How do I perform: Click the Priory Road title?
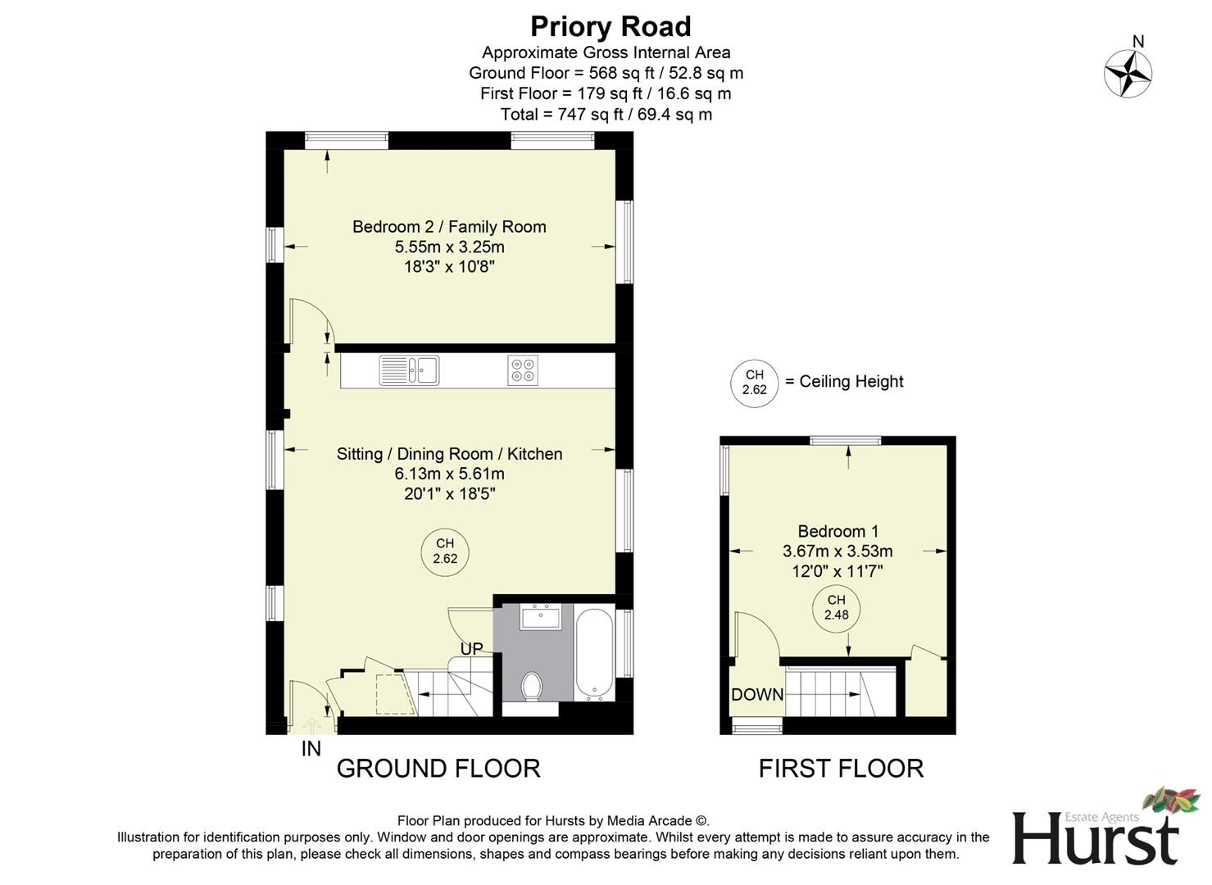(611, 27)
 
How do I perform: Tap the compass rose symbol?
(1128, 73)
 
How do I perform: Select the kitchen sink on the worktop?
(409, 370)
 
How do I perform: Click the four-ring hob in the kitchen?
(523, 370)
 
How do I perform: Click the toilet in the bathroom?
(532, 686)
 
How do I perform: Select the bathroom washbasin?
(540, 616)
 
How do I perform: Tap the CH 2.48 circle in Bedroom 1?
(836, 607)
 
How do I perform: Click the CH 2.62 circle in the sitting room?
(445, 551)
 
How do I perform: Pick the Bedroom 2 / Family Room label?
(449, 227)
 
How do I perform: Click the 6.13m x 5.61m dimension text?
(449, 474)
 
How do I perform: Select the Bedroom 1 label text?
(838, 531)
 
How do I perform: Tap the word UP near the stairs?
(471, 649)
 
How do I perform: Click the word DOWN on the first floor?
(756, 695)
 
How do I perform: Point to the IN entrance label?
(311, 748)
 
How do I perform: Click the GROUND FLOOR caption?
(438, 769)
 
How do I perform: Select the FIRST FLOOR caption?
(841, 769)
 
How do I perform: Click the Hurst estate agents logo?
(1096, 829)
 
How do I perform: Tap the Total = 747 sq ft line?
(606, 115)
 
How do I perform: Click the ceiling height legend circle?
(754, 383)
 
